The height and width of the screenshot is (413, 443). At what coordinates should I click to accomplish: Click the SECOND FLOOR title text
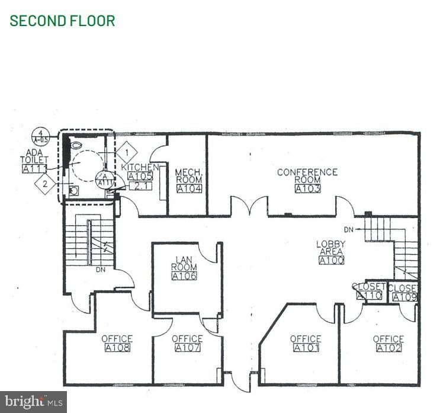tap(62, 21)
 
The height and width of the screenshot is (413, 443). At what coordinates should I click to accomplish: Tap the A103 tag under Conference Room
tap(307, 189)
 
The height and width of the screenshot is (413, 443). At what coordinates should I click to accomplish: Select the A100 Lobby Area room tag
tap(330, 260)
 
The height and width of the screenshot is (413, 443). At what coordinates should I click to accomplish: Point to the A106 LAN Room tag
tap(184, 276)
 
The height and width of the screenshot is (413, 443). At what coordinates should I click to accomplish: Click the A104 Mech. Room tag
tap(189, 189)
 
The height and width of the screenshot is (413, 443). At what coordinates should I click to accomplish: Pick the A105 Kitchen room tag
tap(140, 176)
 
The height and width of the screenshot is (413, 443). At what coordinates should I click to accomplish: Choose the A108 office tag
tap(117, 348)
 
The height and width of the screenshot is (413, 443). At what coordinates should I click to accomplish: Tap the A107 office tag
tap(188, 348)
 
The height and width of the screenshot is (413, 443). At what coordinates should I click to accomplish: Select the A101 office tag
tap(306, 348)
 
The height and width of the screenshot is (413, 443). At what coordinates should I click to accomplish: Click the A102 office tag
tap(389, 348)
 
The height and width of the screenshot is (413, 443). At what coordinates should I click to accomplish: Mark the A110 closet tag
tap(369, 296)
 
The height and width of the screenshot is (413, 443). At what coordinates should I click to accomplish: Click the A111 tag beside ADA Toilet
tap(34, 169)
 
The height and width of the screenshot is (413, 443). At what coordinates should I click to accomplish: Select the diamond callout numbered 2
tap(45, 184)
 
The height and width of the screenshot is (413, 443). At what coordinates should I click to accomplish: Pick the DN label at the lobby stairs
tap(349, 229)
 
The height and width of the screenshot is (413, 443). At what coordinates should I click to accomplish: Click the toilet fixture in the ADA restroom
tap(77, 144)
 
